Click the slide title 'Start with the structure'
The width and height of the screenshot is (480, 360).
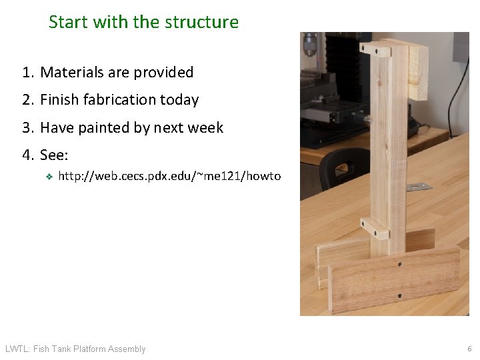click(143, 22)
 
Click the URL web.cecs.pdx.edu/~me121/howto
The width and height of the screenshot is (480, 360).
click(169, 176)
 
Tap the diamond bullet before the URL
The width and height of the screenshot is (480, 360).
click(48, 177)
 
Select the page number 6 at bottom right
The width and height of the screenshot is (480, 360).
click(469, 349)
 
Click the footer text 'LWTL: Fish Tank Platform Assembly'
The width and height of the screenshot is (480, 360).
click(75, 349)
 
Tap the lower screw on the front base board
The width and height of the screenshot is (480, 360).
click(400, 295)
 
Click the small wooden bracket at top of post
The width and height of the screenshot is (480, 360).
click(375, 49)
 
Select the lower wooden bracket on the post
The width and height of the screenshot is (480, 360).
click(375, 228)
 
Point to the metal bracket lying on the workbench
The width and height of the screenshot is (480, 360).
click(421, 186)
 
